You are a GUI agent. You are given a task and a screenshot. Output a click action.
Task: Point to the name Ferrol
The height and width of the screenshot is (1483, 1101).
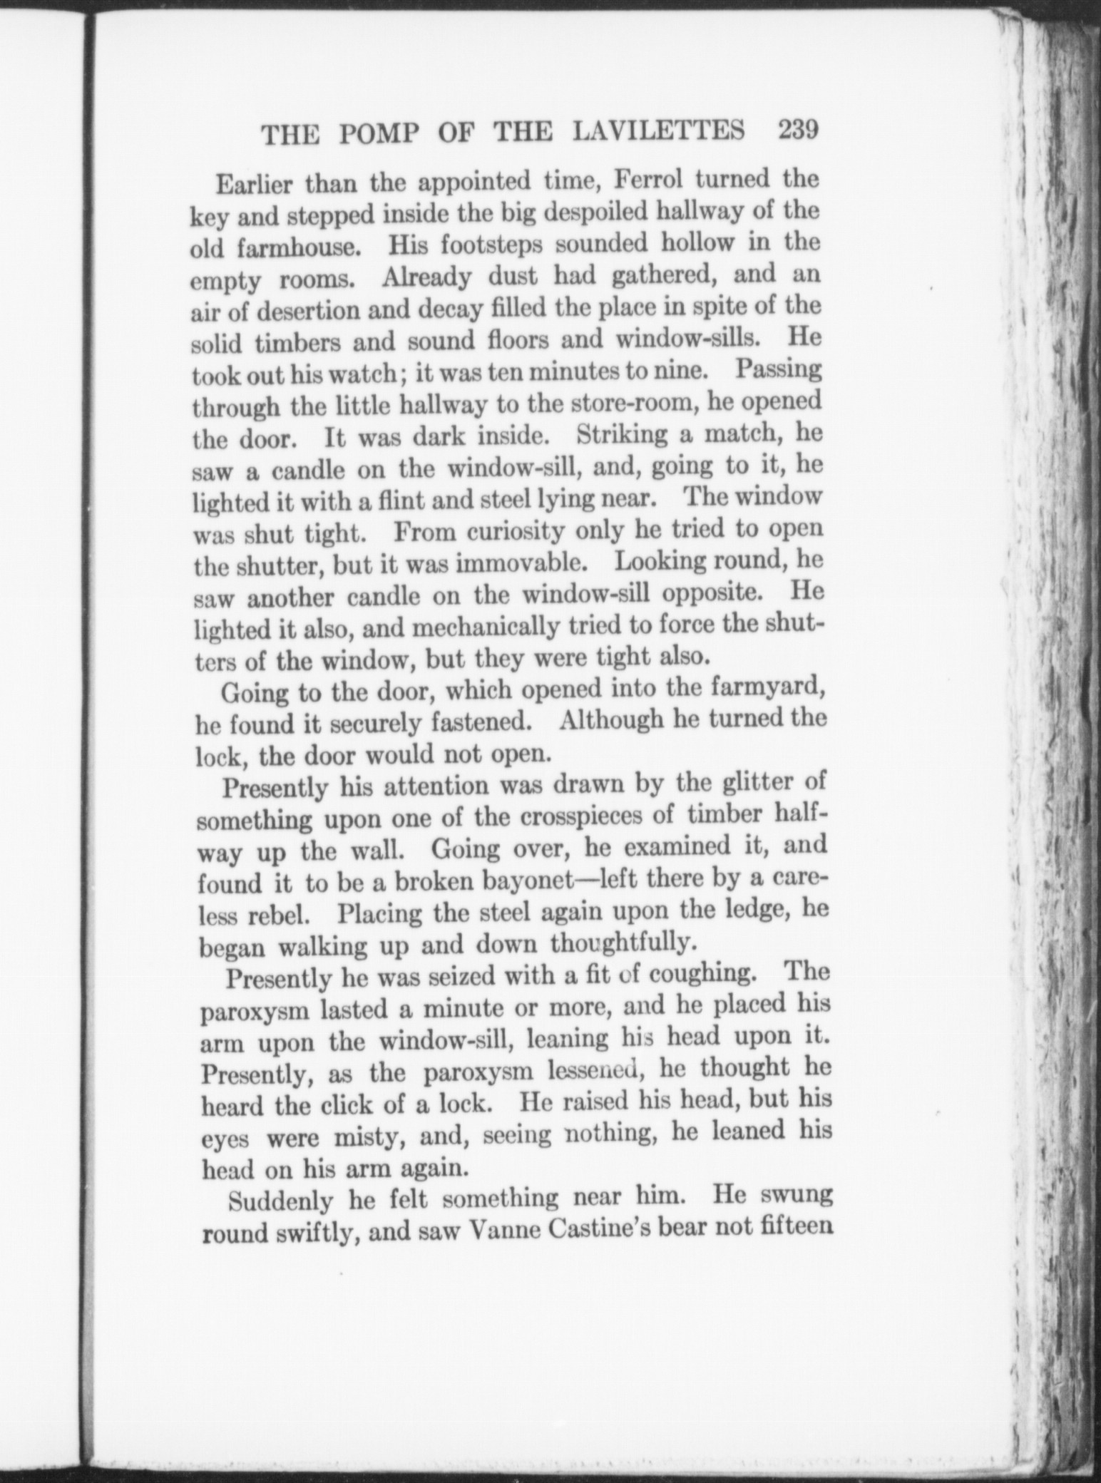(x=649, y=180)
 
